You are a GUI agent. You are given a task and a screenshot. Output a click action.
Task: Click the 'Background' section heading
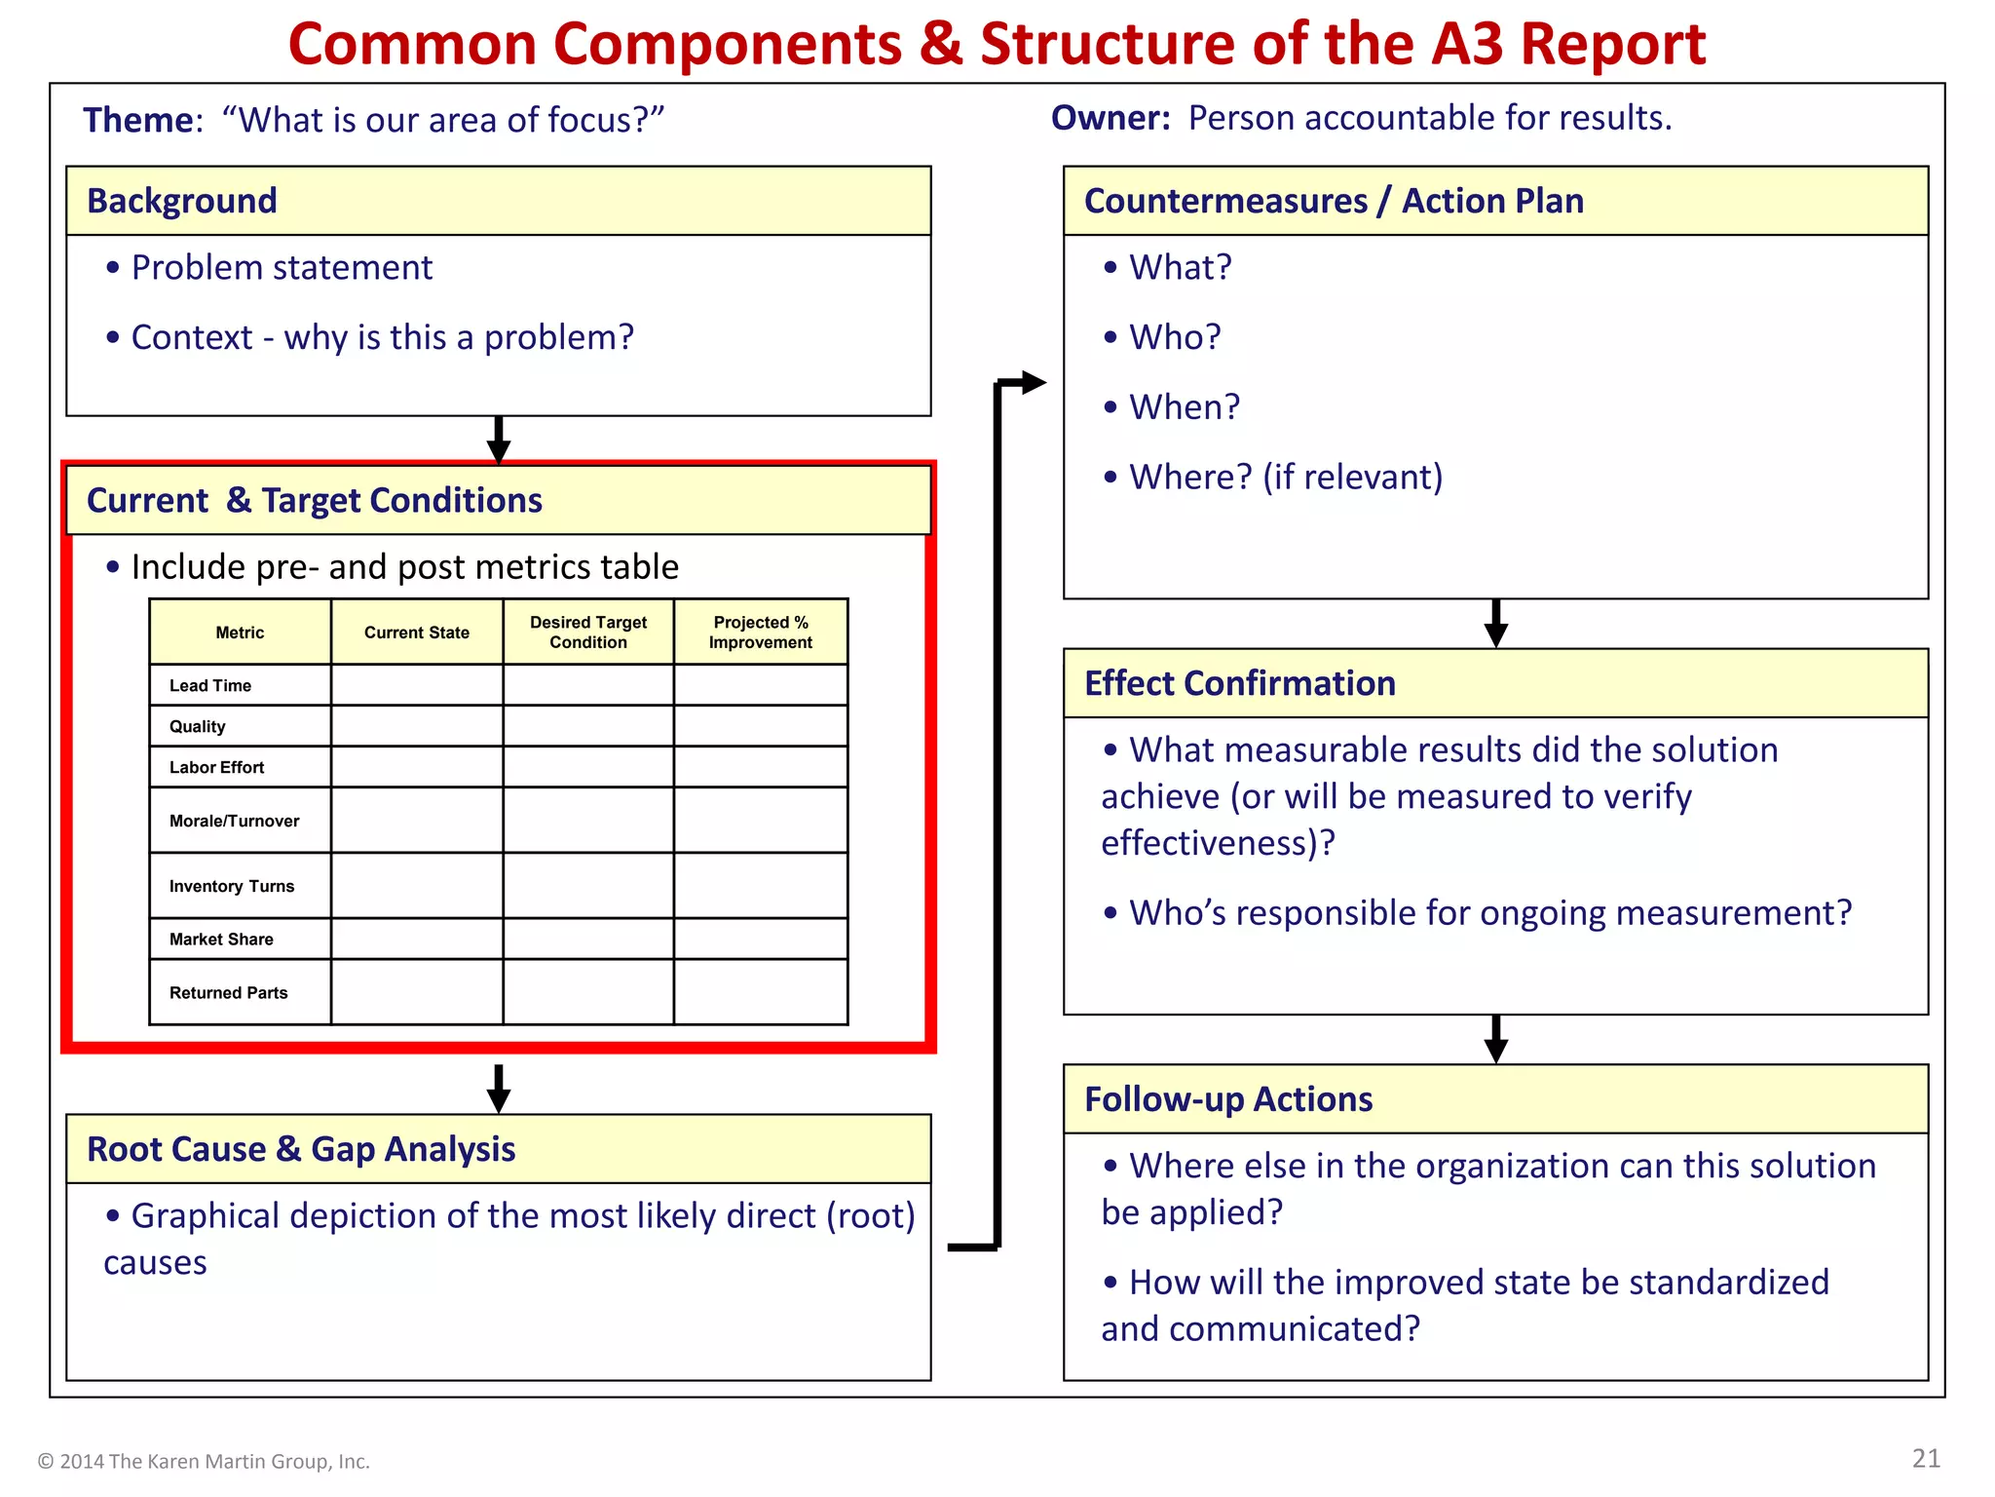click(x=182, y=201)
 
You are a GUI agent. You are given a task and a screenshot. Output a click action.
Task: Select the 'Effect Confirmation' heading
click(x=1239, y=683)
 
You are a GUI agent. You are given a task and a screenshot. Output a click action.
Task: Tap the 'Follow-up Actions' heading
click(x=1227, y=1099)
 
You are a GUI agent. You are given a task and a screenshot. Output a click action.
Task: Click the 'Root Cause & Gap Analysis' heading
click(x=301, y=1149)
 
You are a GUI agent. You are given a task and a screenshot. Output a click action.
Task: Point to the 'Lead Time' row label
click(x=210, y=685)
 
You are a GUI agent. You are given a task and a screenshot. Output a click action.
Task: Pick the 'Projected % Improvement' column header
click(x=760, y=633)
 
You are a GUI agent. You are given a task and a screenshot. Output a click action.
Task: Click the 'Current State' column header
click(x=416, y=633)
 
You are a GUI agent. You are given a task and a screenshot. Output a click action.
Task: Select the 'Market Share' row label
click(x=221, y=940)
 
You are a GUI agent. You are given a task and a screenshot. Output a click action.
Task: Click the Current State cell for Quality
click(x=416, y=726)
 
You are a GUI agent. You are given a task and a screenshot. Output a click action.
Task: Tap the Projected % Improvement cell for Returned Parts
click(x=760, y=992)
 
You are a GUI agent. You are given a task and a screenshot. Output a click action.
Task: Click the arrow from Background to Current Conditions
click(x=499, y=440)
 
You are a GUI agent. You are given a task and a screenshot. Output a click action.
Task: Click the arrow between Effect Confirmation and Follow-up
click(x=1496, y=1040)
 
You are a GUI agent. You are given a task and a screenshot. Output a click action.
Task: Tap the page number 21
click(x=1926, y=1458)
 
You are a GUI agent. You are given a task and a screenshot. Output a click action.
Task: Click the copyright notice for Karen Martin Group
click(x=204, y=1461)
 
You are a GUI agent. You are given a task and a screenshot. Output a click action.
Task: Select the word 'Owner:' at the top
click(x=1110, y=118)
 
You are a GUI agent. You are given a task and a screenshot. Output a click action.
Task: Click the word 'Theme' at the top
click(x=138, y=120)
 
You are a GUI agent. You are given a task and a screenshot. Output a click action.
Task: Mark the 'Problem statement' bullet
click(x=281, y=268)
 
